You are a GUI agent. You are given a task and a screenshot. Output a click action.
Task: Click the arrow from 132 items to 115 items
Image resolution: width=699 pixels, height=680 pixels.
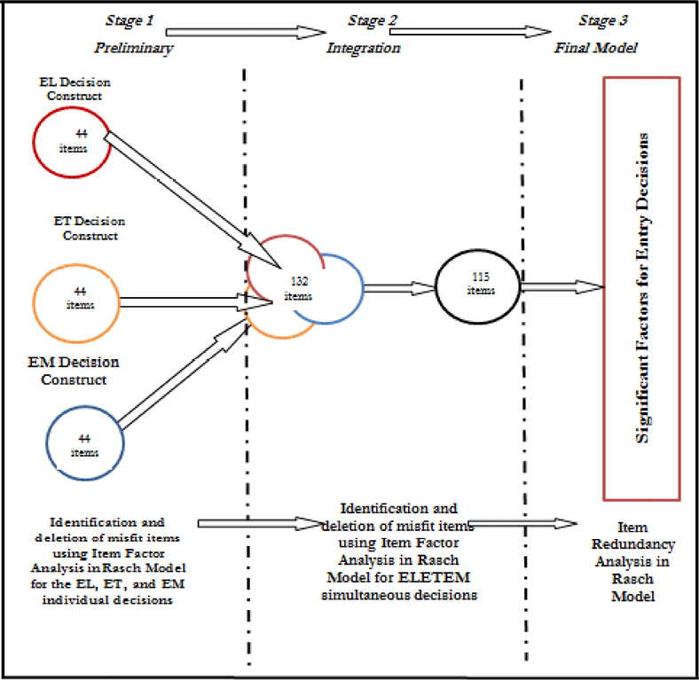tap(398, 286)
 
